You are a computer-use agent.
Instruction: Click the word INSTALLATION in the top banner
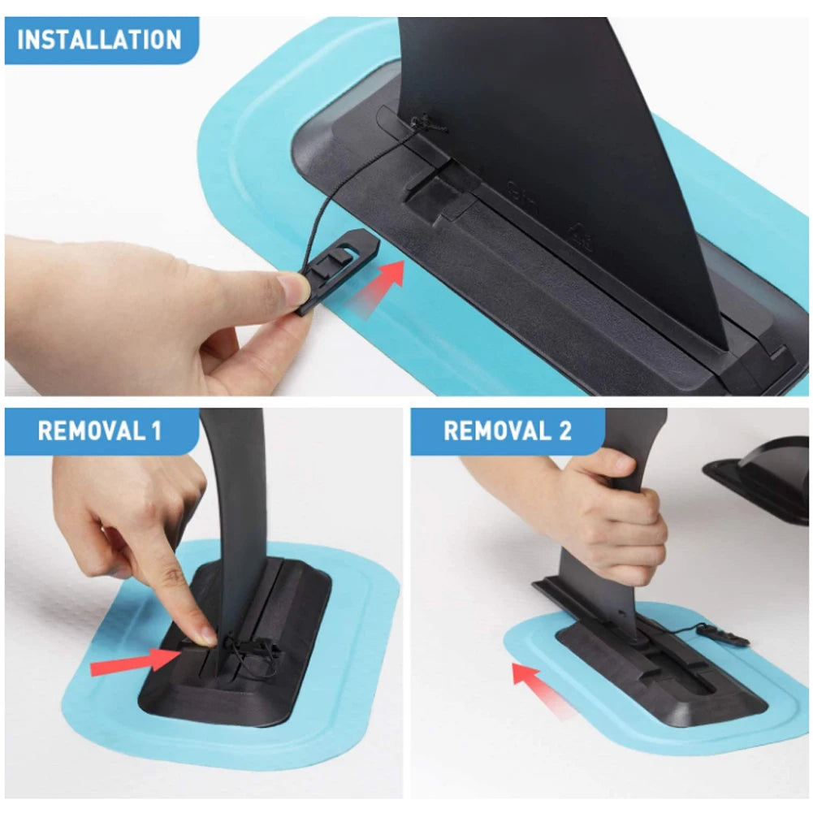click(99, 40)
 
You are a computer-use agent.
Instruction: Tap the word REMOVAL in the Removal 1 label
click(92, 431)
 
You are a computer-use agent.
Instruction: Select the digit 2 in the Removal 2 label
click(564, 431)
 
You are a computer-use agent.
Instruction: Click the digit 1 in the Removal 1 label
click(157, 431)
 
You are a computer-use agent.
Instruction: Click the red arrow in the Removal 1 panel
click(136, 661)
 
